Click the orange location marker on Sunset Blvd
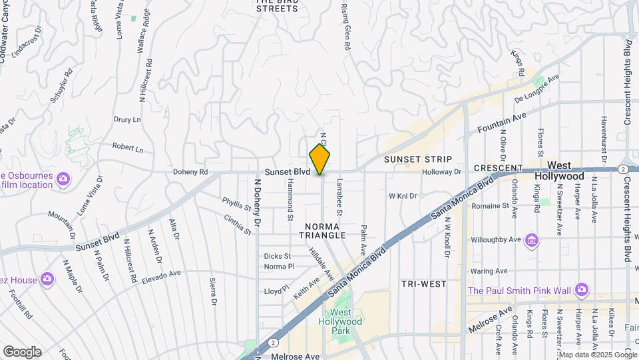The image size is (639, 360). tap(320, 159)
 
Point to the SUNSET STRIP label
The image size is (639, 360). tap(418, 159)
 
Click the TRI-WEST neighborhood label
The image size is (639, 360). tap(424, 284)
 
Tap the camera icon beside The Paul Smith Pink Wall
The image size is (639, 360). tap(582, 289)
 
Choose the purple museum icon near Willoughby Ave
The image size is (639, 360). tap(531, 239)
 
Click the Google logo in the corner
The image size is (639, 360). tap(21, 352)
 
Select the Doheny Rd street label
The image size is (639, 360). tap(190, 172)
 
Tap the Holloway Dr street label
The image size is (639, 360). tap(441, 172)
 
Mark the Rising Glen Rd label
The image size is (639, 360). tap(345, 27)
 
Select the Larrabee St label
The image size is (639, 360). tap(339, 196)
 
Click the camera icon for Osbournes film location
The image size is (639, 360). tap(63, 178)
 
